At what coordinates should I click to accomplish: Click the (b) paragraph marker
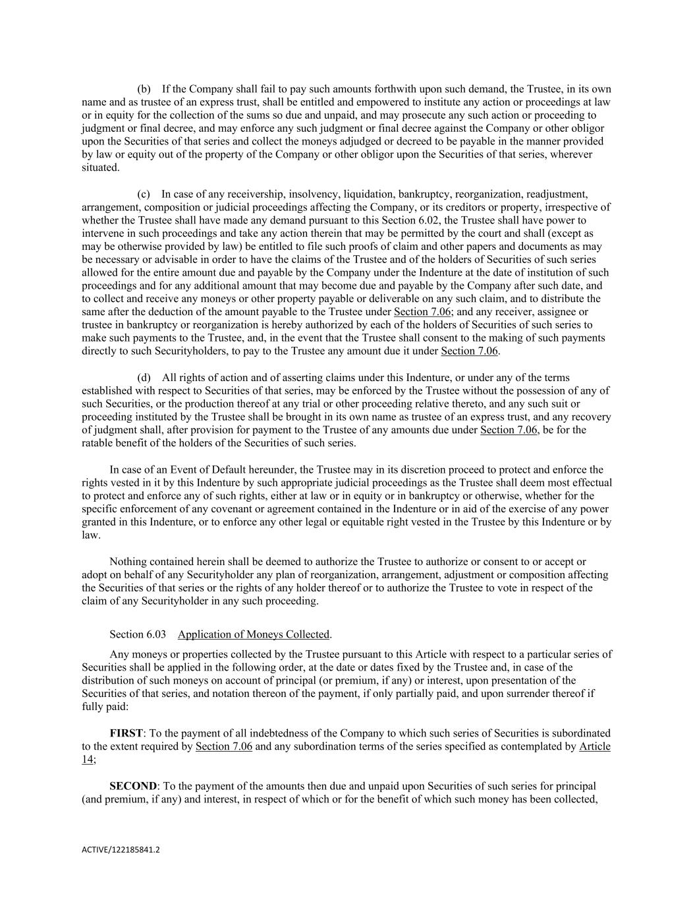(x=144, y=89)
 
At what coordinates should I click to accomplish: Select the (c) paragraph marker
(x=144, y=194)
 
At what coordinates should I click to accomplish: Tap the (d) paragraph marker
(x=144, y=378)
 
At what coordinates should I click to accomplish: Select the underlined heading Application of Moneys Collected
(x=254, y=635)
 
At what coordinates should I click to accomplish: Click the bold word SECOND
(x=133, y=786)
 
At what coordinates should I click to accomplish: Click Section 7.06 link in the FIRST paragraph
(x=224, y=746)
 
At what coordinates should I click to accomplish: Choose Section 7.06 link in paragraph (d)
(x=509, y=430)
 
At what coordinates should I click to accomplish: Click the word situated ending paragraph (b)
(x=100, y=167)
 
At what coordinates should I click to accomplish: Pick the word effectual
(x=589, y=483)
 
